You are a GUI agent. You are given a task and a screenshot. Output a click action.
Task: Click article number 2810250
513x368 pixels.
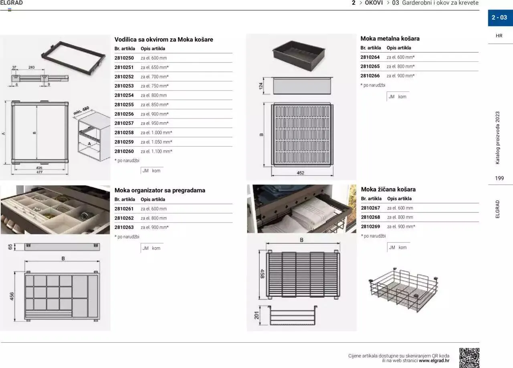tap(124, 58)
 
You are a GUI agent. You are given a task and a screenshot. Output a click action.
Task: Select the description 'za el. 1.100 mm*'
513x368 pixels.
tap(156, 152)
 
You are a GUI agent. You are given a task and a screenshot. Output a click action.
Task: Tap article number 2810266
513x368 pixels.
tap(370, 76)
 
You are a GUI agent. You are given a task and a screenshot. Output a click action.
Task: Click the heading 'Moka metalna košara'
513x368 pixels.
tap(390, 39)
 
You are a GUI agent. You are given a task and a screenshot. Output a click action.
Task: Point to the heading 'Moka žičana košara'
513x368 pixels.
tap(388, 189)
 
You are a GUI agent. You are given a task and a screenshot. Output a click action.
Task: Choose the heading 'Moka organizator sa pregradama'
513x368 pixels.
tap(160, 190)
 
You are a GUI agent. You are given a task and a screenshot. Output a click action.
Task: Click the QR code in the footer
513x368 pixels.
tap(469, 358)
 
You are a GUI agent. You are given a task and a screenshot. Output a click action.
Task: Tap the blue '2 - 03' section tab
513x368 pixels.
tap(500, 18)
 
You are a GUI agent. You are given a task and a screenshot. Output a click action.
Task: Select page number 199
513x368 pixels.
tap(499, 178)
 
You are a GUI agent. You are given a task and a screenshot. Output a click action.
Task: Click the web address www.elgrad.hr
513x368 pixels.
tap(434, 360)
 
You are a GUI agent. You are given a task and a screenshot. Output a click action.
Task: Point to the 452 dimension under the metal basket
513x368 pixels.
tap(301, 173)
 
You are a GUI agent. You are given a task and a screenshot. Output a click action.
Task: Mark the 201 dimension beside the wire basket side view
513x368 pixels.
tap(257, 315)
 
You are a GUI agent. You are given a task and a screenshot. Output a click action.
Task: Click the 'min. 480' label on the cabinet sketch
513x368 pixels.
tap(81, 111)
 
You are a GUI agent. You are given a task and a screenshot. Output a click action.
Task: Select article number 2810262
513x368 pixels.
tap(124, 218)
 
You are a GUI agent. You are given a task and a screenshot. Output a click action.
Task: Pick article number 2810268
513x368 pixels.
tap(370, 217)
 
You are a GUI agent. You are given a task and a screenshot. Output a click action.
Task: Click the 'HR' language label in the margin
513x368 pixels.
tap(499, 36)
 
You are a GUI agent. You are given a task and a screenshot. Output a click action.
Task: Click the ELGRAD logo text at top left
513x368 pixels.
tap(12, 3)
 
